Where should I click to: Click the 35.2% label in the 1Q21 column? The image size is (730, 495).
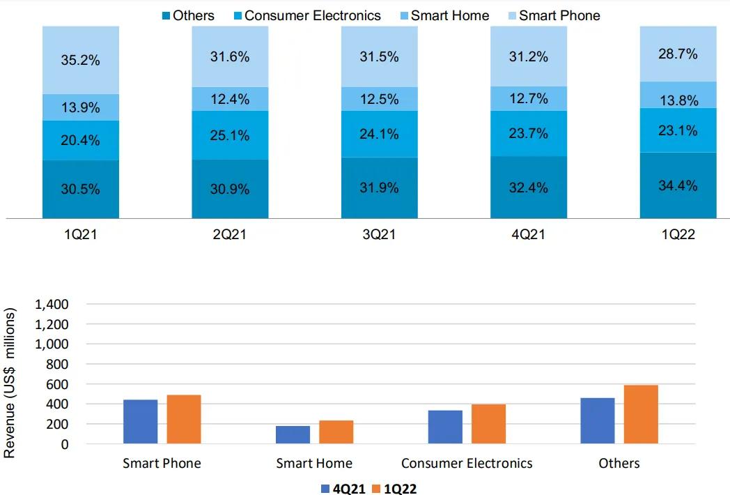click(80, 61)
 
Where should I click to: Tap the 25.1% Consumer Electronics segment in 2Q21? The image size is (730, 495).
click(230, 135)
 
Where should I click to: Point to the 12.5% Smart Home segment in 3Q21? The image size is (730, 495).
click(380, 99)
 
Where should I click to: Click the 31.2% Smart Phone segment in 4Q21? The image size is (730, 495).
click(529, 57)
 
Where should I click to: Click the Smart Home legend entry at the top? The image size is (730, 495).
click(450, 15)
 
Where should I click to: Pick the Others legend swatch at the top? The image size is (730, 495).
click(166, 15)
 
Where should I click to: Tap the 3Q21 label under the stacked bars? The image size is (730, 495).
click(380, 235)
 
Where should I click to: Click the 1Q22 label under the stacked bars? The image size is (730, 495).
click(678, 235)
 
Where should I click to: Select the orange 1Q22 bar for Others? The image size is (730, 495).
click(640, 414)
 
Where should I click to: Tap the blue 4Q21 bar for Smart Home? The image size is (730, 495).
click(293, 434)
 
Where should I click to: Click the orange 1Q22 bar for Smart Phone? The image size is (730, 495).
click(183, 419)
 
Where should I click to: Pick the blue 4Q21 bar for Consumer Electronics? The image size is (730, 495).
click(445, 427)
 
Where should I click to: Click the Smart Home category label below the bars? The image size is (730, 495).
click(314, 463)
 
